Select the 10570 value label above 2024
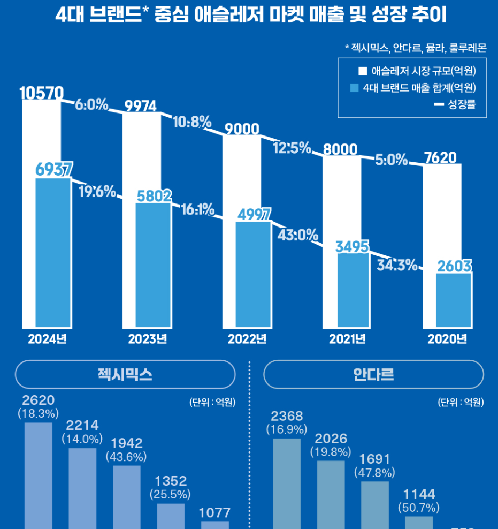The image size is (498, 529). click(x=42, y=93)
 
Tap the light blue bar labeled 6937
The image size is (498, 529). click(x=53, y=252)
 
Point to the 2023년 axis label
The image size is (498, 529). click(x=148, y=339)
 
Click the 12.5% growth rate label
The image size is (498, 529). click(x=292, y=147)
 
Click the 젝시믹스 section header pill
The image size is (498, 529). click(x=125, y=374)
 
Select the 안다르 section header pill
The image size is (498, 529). click(x=373, y=374)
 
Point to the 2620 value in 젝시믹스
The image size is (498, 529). click(x=39, y=400)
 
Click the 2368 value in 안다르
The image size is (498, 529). click(x=287, y=416)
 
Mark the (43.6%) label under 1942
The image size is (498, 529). click(x=127, y=457)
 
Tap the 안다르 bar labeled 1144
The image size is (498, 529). click(x=419, y=522)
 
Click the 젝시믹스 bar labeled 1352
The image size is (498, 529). click(x=171, y=516)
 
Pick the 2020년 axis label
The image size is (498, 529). click(x=447, y=339)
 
